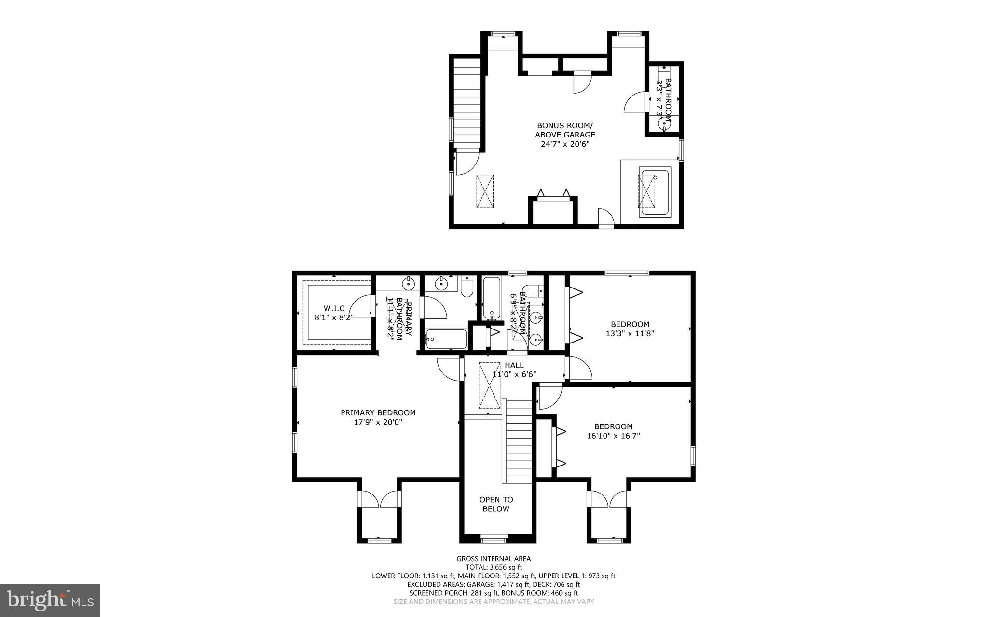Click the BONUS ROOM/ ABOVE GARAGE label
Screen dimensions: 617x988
(565, 130)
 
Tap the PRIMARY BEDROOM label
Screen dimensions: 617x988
(378, 413)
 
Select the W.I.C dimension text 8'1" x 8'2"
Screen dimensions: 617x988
(334, 317)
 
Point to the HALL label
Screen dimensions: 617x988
(514, 366)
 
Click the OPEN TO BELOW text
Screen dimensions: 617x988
(496, 504)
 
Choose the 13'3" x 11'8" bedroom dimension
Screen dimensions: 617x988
(630, 333)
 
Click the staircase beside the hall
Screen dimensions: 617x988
(519, 441)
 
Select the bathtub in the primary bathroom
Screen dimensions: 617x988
(446, 339)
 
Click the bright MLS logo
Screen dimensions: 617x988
(50, 600)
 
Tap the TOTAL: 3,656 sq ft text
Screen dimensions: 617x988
(494, 567)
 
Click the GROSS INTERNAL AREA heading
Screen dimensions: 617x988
(494, 559)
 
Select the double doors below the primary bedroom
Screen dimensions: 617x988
(379, 499)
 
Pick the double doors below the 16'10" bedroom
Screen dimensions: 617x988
(609, 499)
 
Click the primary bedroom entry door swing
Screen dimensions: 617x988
(447, 370)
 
